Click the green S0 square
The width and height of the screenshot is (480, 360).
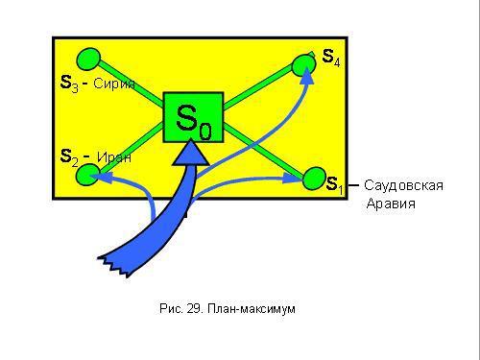pos(193,117)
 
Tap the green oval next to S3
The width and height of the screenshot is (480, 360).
pos(89,59)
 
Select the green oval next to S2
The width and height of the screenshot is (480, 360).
pos(87,173)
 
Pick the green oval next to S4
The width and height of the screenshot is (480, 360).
pos(303,63)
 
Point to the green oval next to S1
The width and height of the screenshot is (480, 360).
pos(315,177)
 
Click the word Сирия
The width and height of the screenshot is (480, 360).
pos(115,84)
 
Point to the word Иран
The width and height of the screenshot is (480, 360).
pos(114,156)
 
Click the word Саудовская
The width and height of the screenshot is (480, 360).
pos(403,185)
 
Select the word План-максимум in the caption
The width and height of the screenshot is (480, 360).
pos(258,309)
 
